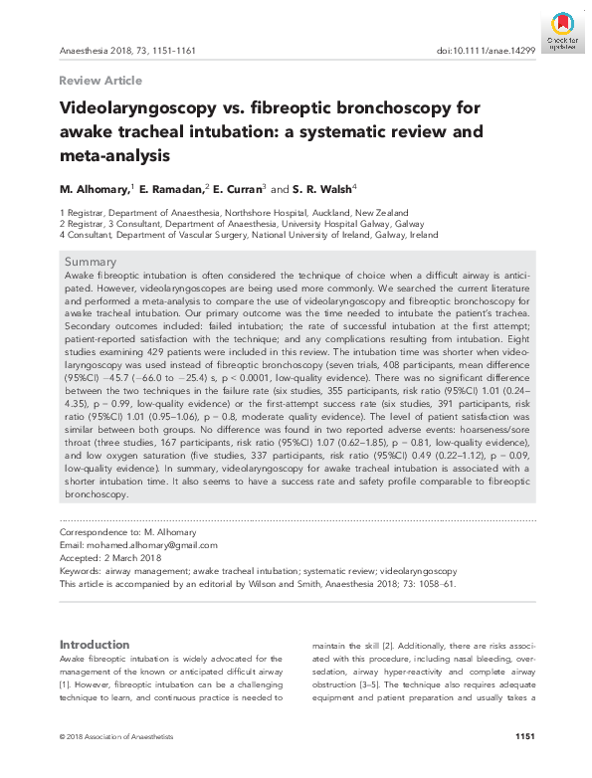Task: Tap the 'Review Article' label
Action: (x=100, y=81)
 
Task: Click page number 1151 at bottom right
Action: (x=525, y=736)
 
